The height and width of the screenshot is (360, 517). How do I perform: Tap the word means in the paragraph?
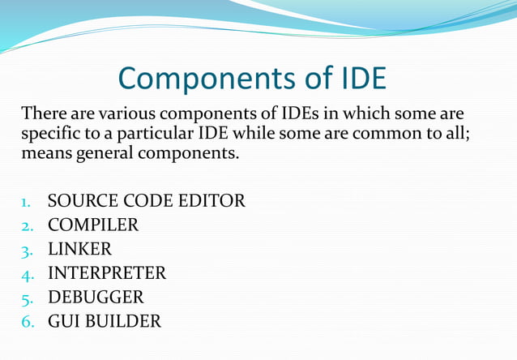tap(47, 152)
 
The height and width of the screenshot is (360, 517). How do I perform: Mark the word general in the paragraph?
tap(106, 152)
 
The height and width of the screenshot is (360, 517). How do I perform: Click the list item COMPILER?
tap(92, 225)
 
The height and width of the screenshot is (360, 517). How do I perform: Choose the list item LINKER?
tap(79, 248)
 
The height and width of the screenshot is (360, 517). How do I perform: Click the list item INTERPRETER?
tap(106, 272)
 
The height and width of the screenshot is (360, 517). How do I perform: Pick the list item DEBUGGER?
tap(95, 297)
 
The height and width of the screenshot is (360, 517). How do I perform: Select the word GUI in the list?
tap(63, 320)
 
